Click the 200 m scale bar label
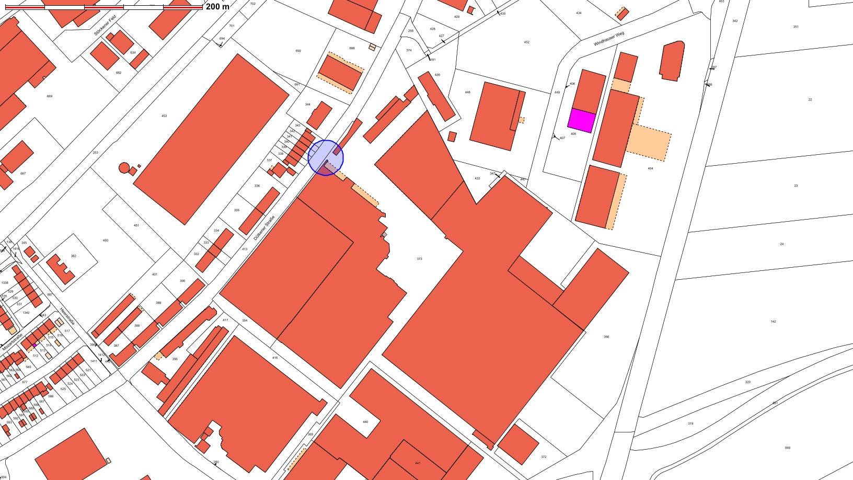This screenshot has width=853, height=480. pyautogui.click(x=217, y=7)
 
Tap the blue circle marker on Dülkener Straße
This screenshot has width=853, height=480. pyautogui.click(x=326, y=157)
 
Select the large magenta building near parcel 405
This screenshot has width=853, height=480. pyautogui.click(x=582, y=121)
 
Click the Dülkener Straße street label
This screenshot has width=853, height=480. pyautogui.click(x=264, y=228)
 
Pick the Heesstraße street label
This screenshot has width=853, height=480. pyautogui.click(x=67, y=316)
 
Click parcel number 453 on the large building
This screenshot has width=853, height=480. pyautogui.click(x=164, y=116)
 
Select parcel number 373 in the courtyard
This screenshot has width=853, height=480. pyautogui.click(x=419, y=259)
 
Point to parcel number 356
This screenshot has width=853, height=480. pyautogui.click(x=606, y=337)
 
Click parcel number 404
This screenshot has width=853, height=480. pyautogui.click(x=650, y=168)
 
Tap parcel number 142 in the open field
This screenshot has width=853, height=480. pyautogui.click(x=773, y=322)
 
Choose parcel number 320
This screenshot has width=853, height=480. pyautogui.click(x=747, y=382)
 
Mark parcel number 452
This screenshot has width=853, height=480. pyautogui.click(x=526, y=42)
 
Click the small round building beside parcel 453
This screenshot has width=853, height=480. pyautogui.click(x=124, y=168)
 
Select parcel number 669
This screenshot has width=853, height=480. pyautogui.click(x=50, y=96)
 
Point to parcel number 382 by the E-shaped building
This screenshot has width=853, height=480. pyautogui.click(x=74, y=256)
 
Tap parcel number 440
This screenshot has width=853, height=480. pyautogui.click(x=365, y=422)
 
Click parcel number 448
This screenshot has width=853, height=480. pyautogui.click(x=467, y=93)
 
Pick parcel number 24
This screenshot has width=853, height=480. pyautogui.click(x=782, y=244)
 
